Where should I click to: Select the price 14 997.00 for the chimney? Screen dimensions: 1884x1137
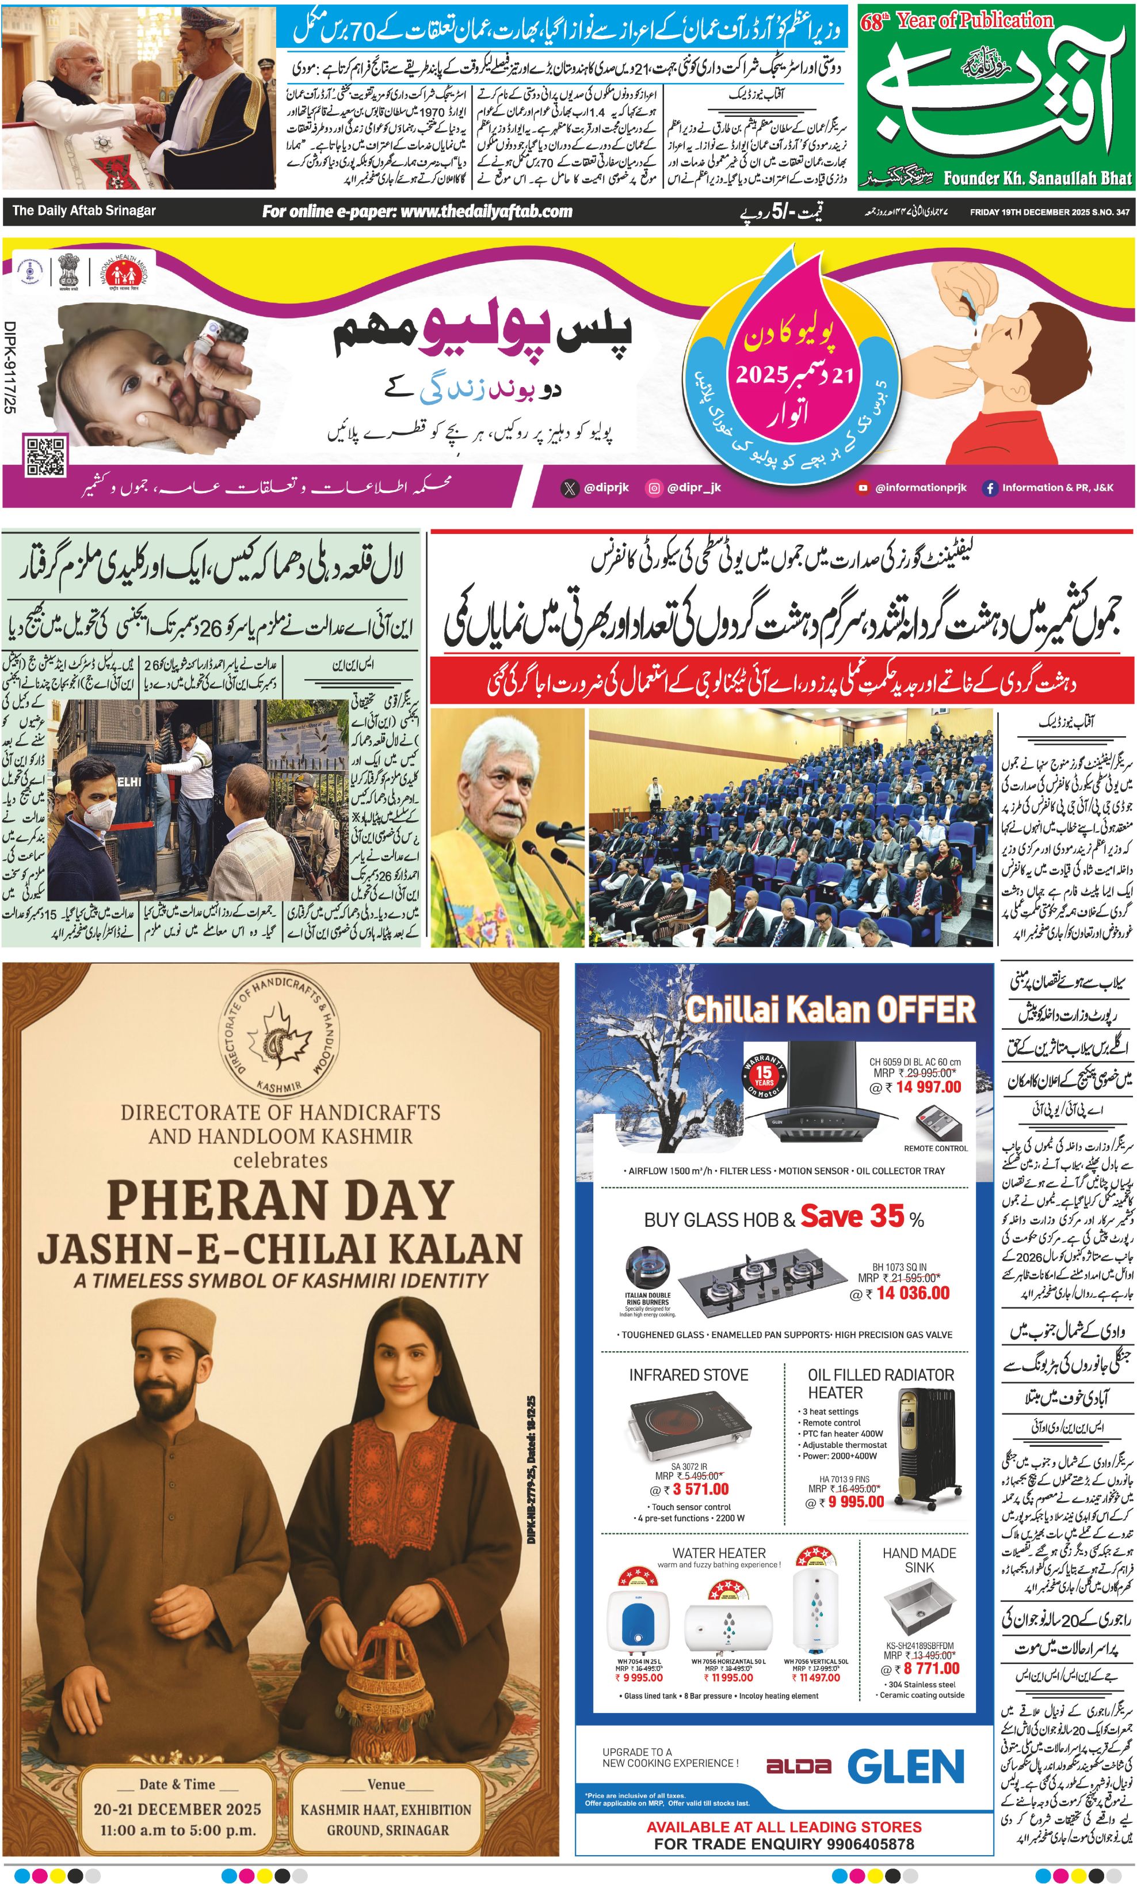coord(928,1087)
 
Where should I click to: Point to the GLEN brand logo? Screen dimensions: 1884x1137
coord(906,1767)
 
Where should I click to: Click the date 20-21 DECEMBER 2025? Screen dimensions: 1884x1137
coord(177,1809)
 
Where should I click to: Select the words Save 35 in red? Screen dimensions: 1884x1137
coord(852,1216)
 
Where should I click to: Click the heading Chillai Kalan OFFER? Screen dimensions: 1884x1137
coord(830,1009)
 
